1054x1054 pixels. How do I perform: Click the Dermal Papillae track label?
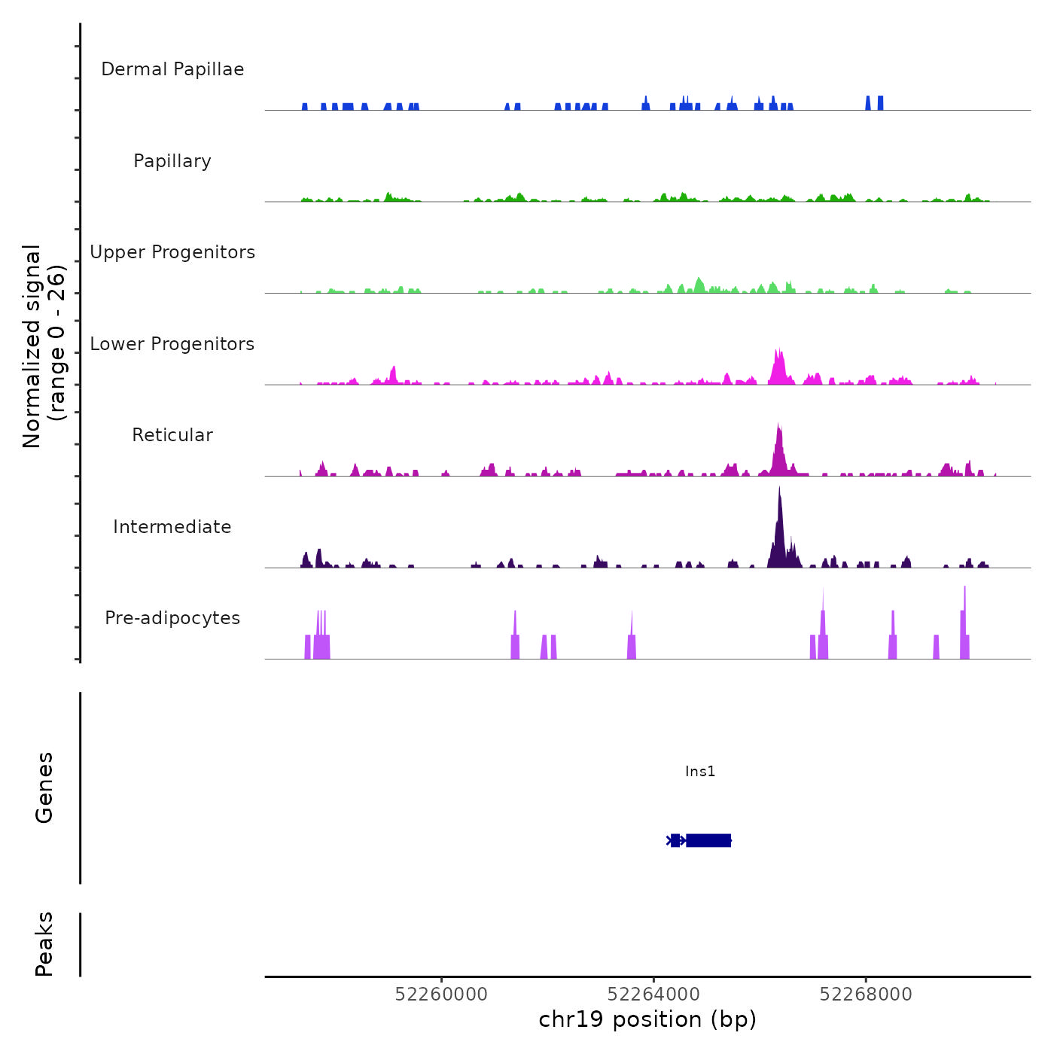tap(172, 69)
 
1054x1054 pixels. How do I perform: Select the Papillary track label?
tap(172, 161)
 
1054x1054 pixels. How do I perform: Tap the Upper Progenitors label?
tap(172, 252)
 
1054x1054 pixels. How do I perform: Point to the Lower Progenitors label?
tap(172, 344)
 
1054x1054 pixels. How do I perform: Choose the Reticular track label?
tap(172, 435)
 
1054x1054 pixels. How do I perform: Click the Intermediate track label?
tap(172, 527)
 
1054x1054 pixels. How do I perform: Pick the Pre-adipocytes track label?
tap(172, 618)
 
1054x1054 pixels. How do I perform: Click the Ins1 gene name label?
tap(700, 771)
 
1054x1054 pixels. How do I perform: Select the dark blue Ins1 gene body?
tap(708, 840)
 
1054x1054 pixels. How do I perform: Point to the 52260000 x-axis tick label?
tap(441, 995)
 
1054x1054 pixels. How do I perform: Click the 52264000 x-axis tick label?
tap(653, 995)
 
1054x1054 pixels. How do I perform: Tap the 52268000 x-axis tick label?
tap(866, 995)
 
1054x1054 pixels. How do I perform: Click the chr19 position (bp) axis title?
tap(647, 1019)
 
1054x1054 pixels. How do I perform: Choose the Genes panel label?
tap(44, 787)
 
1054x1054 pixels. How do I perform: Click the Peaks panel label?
tap(44, 944)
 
